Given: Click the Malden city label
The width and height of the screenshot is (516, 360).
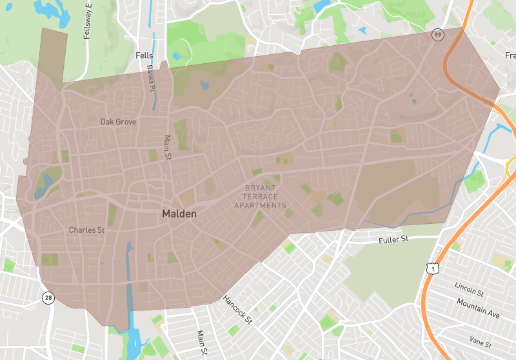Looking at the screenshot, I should tap(179, 213).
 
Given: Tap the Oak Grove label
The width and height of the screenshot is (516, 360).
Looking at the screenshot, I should tap(118, 121).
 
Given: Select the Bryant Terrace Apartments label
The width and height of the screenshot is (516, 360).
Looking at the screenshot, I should tap(260, 197).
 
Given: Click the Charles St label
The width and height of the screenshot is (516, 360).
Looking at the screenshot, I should tap(86, 230).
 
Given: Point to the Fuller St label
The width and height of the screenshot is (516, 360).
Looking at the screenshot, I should tap(393, 239).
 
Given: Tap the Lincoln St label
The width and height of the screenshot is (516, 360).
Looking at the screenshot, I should tap(468, 286).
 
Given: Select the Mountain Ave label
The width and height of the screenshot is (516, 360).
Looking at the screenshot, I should tap(478, 305).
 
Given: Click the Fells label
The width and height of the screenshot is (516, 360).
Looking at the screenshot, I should tap(144, 56).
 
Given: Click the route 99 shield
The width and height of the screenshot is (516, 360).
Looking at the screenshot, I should tap(437, 34).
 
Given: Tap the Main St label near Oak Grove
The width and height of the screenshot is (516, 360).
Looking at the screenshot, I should tap(168, 147).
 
